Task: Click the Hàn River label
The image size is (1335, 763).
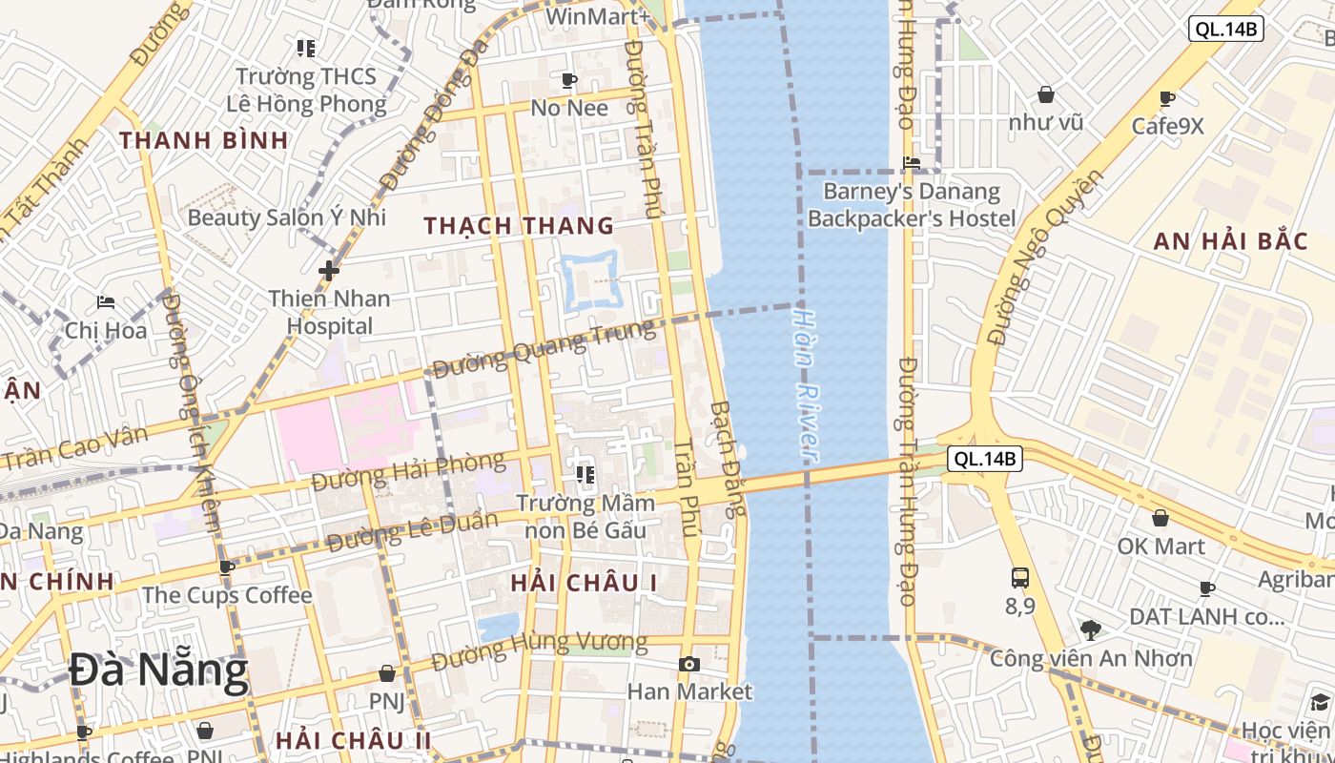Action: (x=807, y=381)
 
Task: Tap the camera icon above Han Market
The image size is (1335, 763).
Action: (x=688, y=664)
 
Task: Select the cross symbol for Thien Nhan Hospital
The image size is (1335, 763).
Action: (x=329, y=271)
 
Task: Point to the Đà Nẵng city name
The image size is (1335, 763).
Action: (x=158, y=671)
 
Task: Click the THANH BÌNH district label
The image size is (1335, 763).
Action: (x=204, y=140)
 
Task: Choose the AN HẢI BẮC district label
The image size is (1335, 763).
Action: (x=1230, y=240)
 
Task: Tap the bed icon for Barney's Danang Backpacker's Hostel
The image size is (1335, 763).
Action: (x=912, y=163)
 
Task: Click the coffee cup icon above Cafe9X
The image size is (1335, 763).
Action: (x=1167, y=98)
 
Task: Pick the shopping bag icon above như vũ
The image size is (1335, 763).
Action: (x=1046, y=94)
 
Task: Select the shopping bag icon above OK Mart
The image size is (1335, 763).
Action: (x=1160, y=518)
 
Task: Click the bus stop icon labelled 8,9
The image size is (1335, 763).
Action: (x=1020, y=577)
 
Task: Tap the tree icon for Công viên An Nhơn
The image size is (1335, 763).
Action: (x=1091, y=629)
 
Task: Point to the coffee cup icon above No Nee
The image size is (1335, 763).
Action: (x=569, y=80)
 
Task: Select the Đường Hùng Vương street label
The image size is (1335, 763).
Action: (x=539, y=650)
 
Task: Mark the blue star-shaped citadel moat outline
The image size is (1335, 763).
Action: (x=591, y=280)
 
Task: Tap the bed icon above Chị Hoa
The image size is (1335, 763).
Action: (x=106, y=302)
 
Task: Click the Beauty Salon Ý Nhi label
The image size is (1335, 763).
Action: (x=286, y=217)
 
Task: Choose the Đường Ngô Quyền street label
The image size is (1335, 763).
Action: (x=1044, y=258)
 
